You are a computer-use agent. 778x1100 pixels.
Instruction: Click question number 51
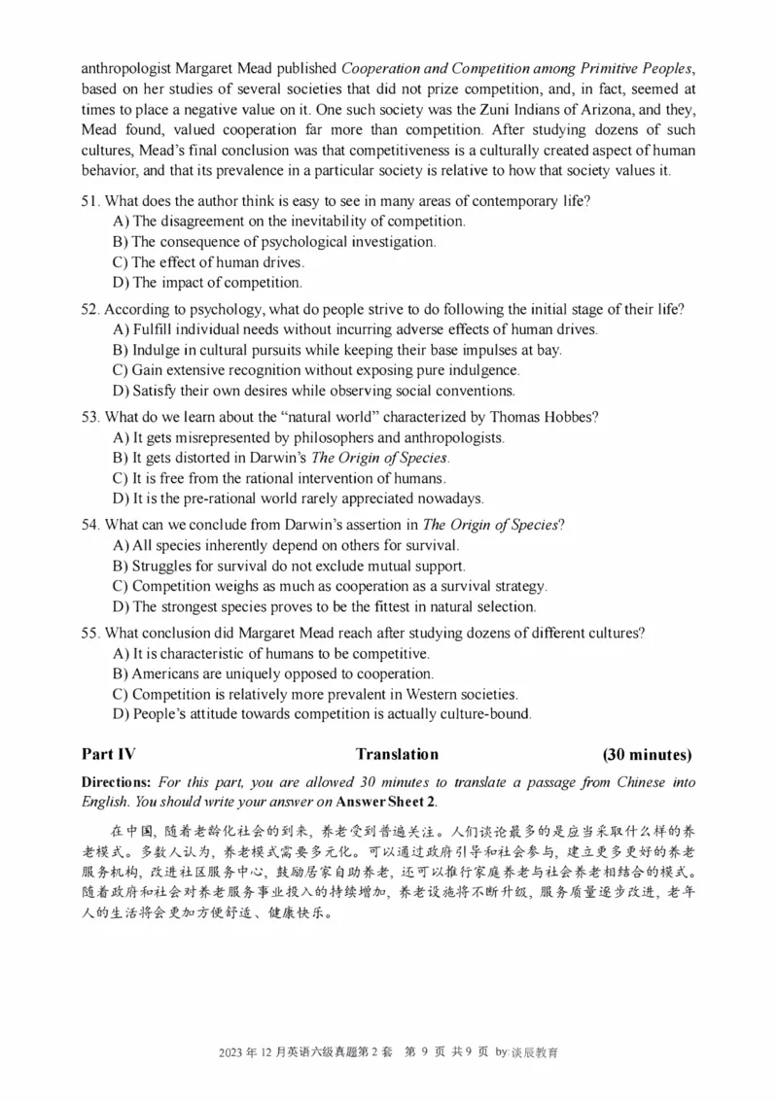pyautogui.click(x=90, y=201)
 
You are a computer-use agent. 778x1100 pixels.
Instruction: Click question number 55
pyautogui.click(x=90, y=633)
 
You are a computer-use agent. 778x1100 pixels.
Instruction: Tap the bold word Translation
pyautogui.click(x=397, y=754)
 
